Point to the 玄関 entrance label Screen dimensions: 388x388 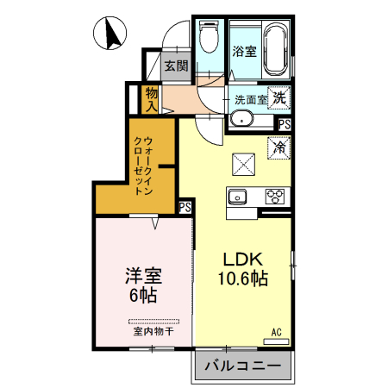[x=176, y=66]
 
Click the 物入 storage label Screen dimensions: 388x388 [x=151, y=97]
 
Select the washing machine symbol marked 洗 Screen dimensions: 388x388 [x=278, y=97]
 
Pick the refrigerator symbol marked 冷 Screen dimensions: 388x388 [x=278, y=147]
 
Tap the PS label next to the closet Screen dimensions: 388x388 [x=185, y=207]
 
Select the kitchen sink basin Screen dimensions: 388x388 [x=237, y=197]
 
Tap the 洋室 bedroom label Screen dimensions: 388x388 [x=144, y=277]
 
